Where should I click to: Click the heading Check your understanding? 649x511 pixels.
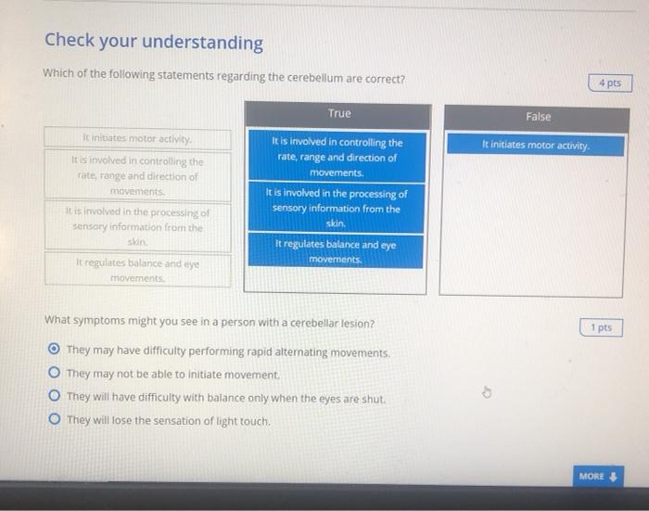pyautogui.click(x=154, y=44)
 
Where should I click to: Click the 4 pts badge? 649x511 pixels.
pyautogui.click(x=609, y=83)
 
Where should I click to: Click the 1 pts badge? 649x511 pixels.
pyautogui.click(x=602, y=328)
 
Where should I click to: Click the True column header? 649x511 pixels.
pyautogui.click(x=338, y=114)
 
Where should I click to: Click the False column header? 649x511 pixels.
pyautogui.click(x=538, y=117)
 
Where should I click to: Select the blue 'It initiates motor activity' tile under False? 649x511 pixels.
pyautogui.click(x=537, y=146)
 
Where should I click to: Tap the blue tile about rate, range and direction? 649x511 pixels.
pyautogui.click(x=337, y=158)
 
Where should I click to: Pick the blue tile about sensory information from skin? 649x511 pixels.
pyautogui.click(x=337, y=209)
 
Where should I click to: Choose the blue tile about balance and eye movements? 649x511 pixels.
pyautogui.click(x=337, y=251)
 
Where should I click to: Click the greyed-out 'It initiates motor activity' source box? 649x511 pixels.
pyautogui.click(x=137, y=140)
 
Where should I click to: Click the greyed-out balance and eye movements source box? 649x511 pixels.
pyautogui.click(x=137, y=270)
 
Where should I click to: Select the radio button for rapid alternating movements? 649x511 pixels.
pyautogui.click(x=54, y=352)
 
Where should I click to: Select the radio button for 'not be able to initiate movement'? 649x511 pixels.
pyautogui.click(x=54, y=375)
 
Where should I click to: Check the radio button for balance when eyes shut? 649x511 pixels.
pyautogui.click(x=54, y=398)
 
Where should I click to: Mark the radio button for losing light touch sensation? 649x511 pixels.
pyautogui.click(x=54, y=421)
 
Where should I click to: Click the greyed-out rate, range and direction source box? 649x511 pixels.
pyautogui.click(x=137, y=175)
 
